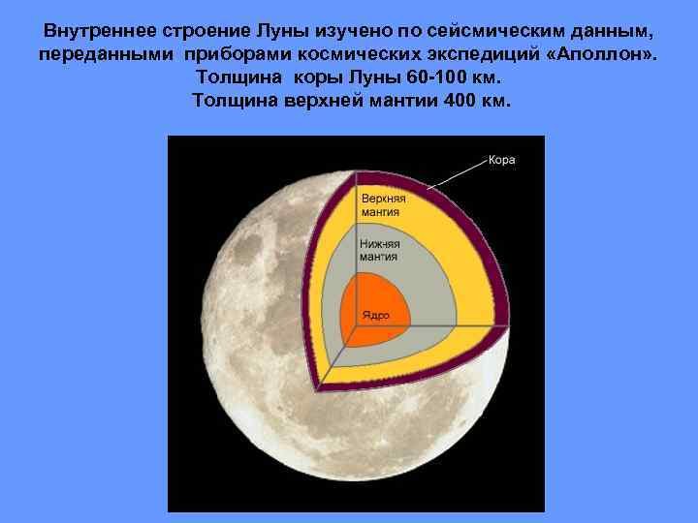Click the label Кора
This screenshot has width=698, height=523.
pos(502,160)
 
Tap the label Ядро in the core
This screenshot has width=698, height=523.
pos(376,315)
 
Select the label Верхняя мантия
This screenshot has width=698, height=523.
pos(383,205)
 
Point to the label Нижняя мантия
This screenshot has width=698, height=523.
pos(379,251)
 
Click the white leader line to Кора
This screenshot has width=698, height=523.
pos(458,174)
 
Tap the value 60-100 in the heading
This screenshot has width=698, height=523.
pos(434,77)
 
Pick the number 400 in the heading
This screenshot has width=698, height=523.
pos(460,101)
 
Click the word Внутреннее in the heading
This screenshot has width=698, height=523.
pos(100,31)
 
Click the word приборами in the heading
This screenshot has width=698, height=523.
pos(238,55)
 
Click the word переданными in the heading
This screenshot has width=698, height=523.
pos(106,55)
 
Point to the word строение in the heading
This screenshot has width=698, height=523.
pos(206,32)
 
